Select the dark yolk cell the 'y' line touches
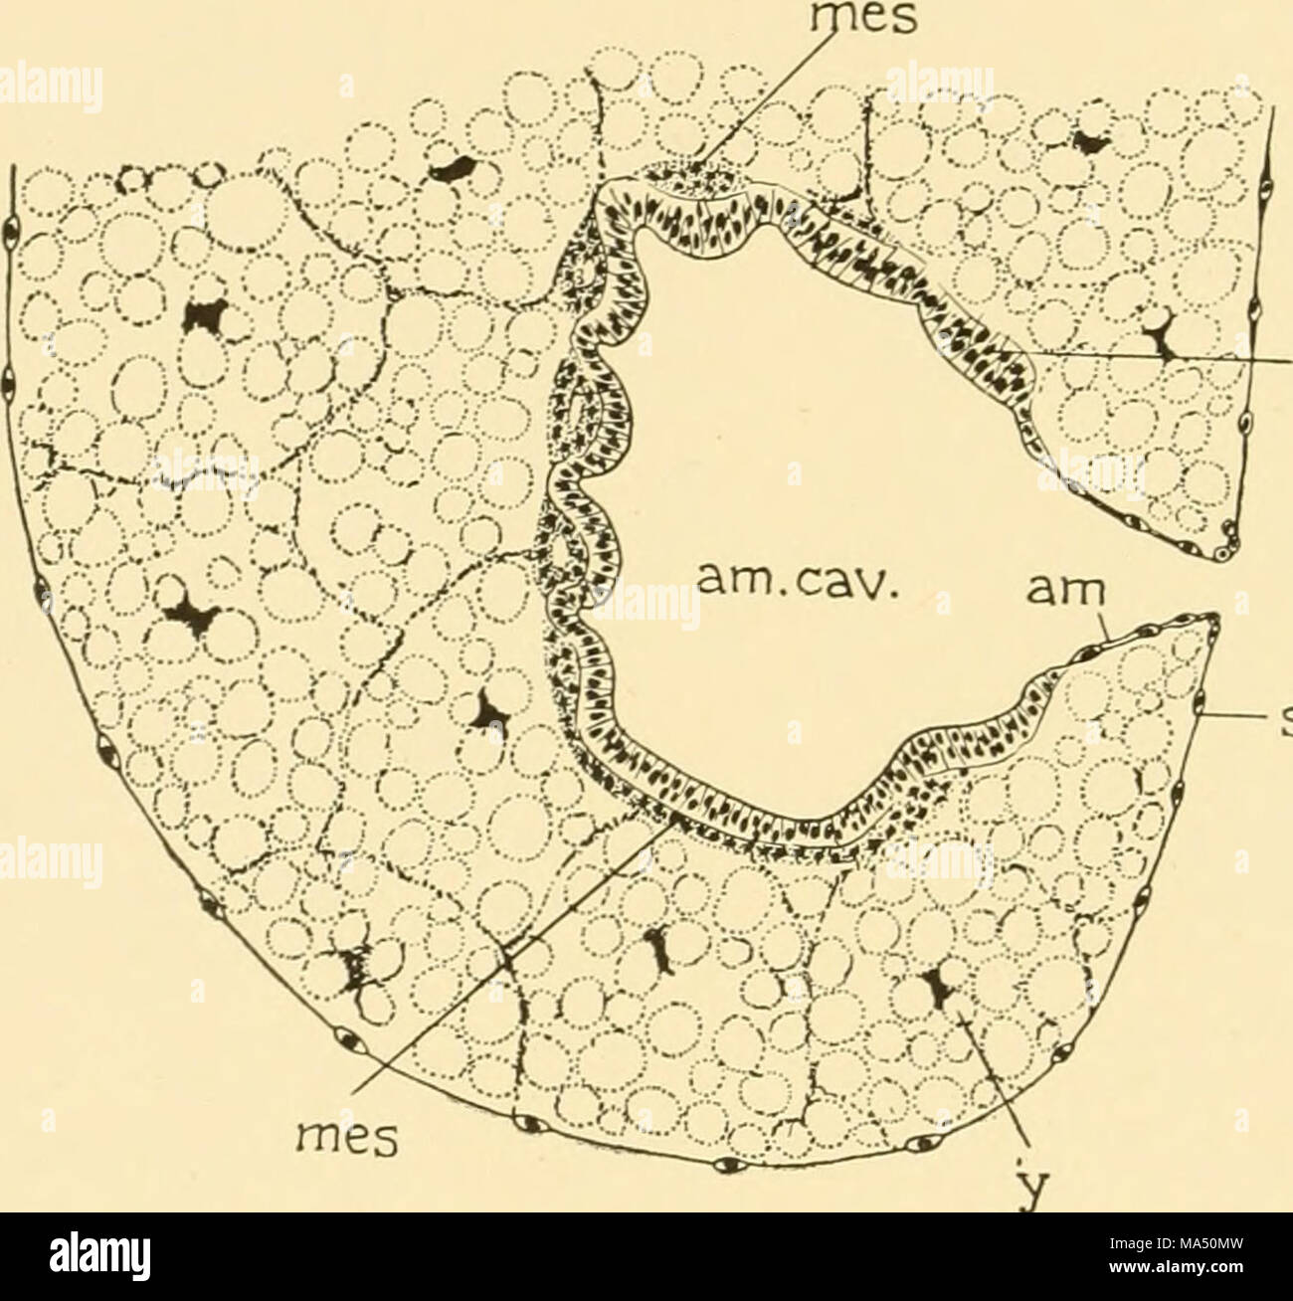936,985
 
